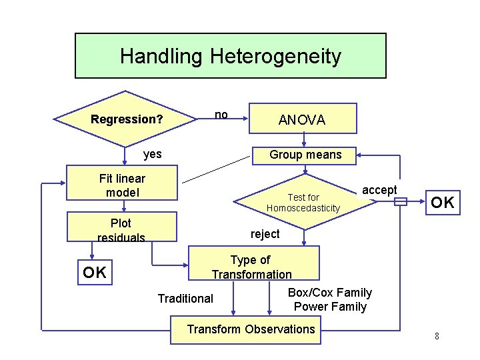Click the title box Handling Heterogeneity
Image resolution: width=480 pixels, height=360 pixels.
pos(230,56)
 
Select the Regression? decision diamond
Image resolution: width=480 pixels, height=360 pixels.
pos(127,120)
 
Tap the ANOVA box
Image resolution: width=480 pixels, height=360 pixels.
pos(302,120)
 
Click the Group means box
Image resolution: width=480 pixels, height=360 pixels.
pos(305,155)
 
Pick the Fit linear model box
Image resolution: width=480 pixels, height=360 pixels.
pos(122,185)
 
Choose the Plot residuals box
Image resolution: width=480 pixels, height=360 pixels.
pos(122,229)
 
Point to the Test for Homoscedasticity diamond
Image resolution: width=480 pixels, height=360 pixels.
pos(303,203)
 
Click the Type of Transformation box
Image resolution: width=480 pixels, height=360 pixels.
pos(251,267)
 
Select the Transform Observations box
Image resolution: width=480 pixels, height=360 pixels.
pos(251,329)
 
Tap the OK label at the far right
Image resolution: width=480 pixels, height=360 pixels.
pos(442,203)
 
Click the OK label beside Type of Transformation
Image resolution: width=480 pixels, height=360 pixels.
pos(95,272)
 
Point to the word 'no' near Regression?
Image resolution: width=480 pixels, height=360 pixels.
pos(221,115)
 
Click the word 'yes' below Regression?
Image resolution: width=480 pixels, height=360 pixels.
pos(153,154)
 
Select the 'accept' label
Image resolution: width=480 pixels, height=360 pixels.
pos(379,190)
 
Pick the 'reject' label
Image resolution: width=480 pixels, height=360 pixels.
pos(265,234)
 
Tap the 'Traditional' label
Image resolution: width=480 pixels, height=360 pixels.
pos(185,299)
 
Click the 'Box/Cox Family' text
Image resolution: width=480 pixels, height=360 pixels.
pos(330,293)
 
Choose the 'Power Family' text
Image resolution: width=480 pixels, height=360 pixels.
pos(330,307)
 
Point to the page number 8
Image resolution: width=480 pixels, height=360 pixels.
pos(437,336)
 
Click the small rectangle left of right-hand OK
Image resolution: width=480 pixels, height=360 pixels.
pos(400,203)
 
